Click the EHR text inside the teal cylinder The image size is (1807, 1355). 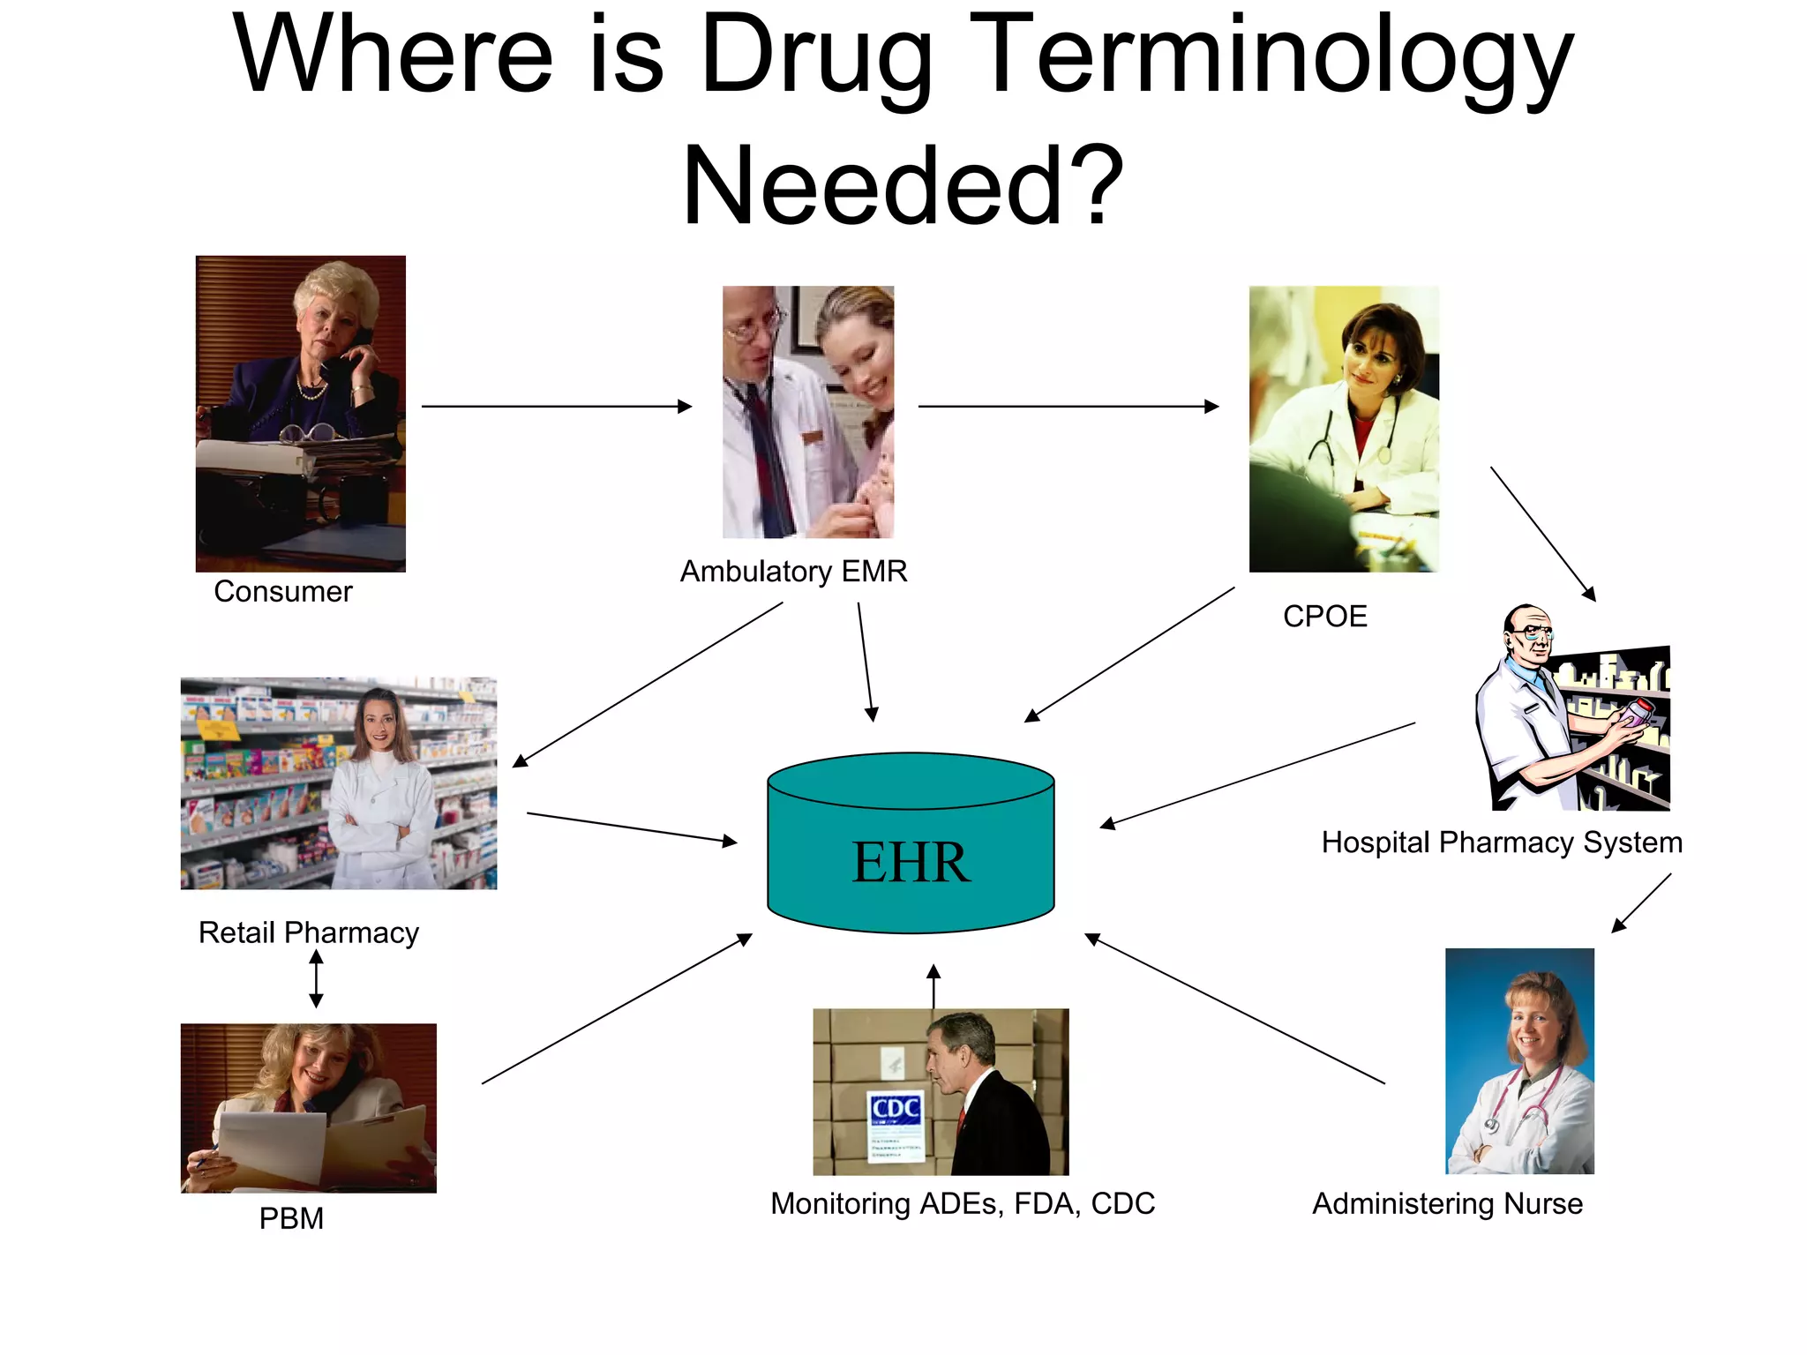(910, 862)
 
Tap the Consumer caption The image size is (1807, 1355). (282, 591)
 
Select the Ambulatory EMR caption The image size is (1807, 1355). (793, 572)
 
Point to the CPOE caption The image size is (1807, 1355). (1324, 616)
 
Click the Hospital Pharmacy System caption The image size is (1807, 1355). (1501, 842)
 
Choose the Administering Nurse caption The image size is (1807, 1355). (1447, 1203)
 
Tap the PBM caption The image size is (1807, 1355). (291, 1218)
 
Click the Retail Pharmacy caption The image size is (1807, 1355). (308, 932)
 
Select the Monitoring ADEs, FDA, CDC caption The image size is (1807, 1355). (962, 1203)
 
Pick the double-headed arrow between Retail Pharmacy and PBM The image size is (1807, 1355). (316, 979)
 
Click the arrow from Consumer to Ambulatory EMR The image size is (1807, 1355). (556, 407)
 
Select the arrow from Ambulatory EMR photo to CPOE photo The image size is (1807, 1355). (1068, 407)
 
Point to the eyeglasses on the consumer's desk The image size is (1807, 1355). (309, 433)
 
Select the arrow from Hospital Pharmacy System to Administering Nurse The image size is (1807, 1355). (1641, 903)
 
